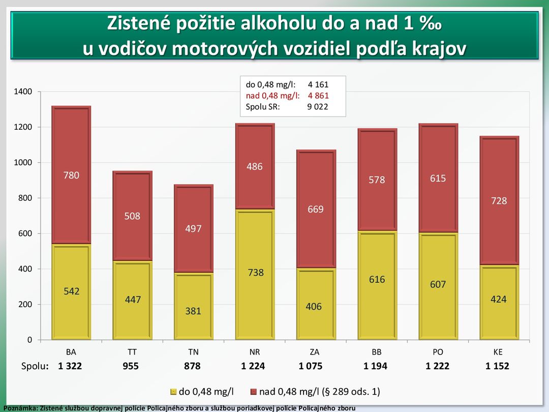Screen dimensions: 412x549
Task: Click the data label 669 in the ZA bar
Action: pyautogui.click(x=316, y=210)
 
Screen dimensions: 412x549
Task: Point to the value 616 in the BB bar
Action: pyautogui.click(x=377, y=280)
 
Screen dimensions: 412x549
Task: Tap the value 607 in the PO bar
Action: pyautogui.click(x=438, y=285)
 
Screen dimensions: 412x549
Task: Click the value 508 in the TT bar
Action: pyautogui.click(x=132, y=216)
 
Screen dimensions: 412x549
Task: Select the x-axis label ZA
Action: pyautogui.click(x=315, y=352)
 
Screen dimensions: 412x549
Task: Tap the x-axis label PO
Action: pyautogui.click(x=438, y=352)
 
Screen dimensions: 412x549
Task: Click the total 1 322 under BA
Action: pyautogui.click(x=70, y=366)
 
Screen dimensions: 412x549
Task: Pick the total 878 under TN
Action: pyautogui.click(x=192, y=366)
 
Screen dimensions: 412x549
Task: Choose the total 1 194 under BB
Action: pyautogui.click(x=375, y=366)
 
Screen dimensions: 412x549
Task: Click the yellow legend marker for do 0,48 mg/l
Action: pyautogui.click(x=173, y=392)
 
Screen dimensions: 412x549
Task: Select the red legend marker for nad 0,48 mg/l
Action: pyautogui.click(x=253, y=392)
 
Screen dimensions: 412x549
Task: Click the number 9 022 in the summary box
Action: pyautogui.click(x=318, y=107)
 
